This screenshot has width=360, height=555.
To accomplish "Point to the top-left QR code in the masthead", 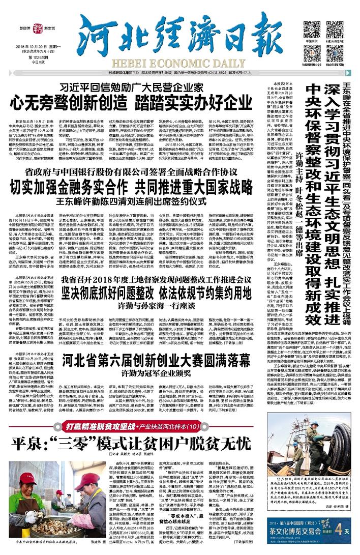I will [311, 28].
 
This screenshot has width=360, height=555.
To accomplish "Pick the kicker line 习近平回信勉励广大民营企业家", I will [132, 87].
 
